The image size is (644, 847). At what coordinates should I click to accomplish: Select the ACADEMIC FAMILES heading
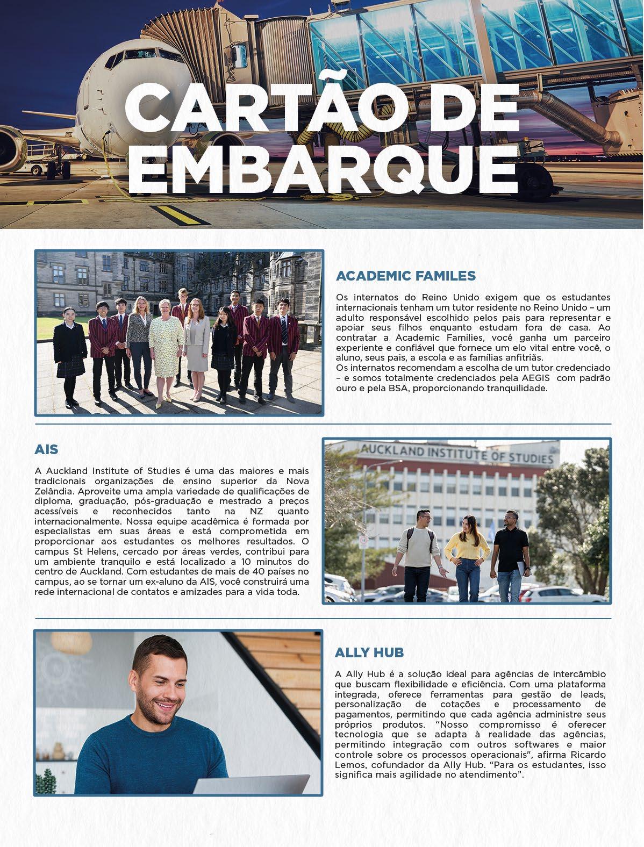(x=405, y=276)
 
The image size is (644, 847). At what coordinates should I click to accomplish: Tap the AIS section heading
(x=46, y=449)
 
